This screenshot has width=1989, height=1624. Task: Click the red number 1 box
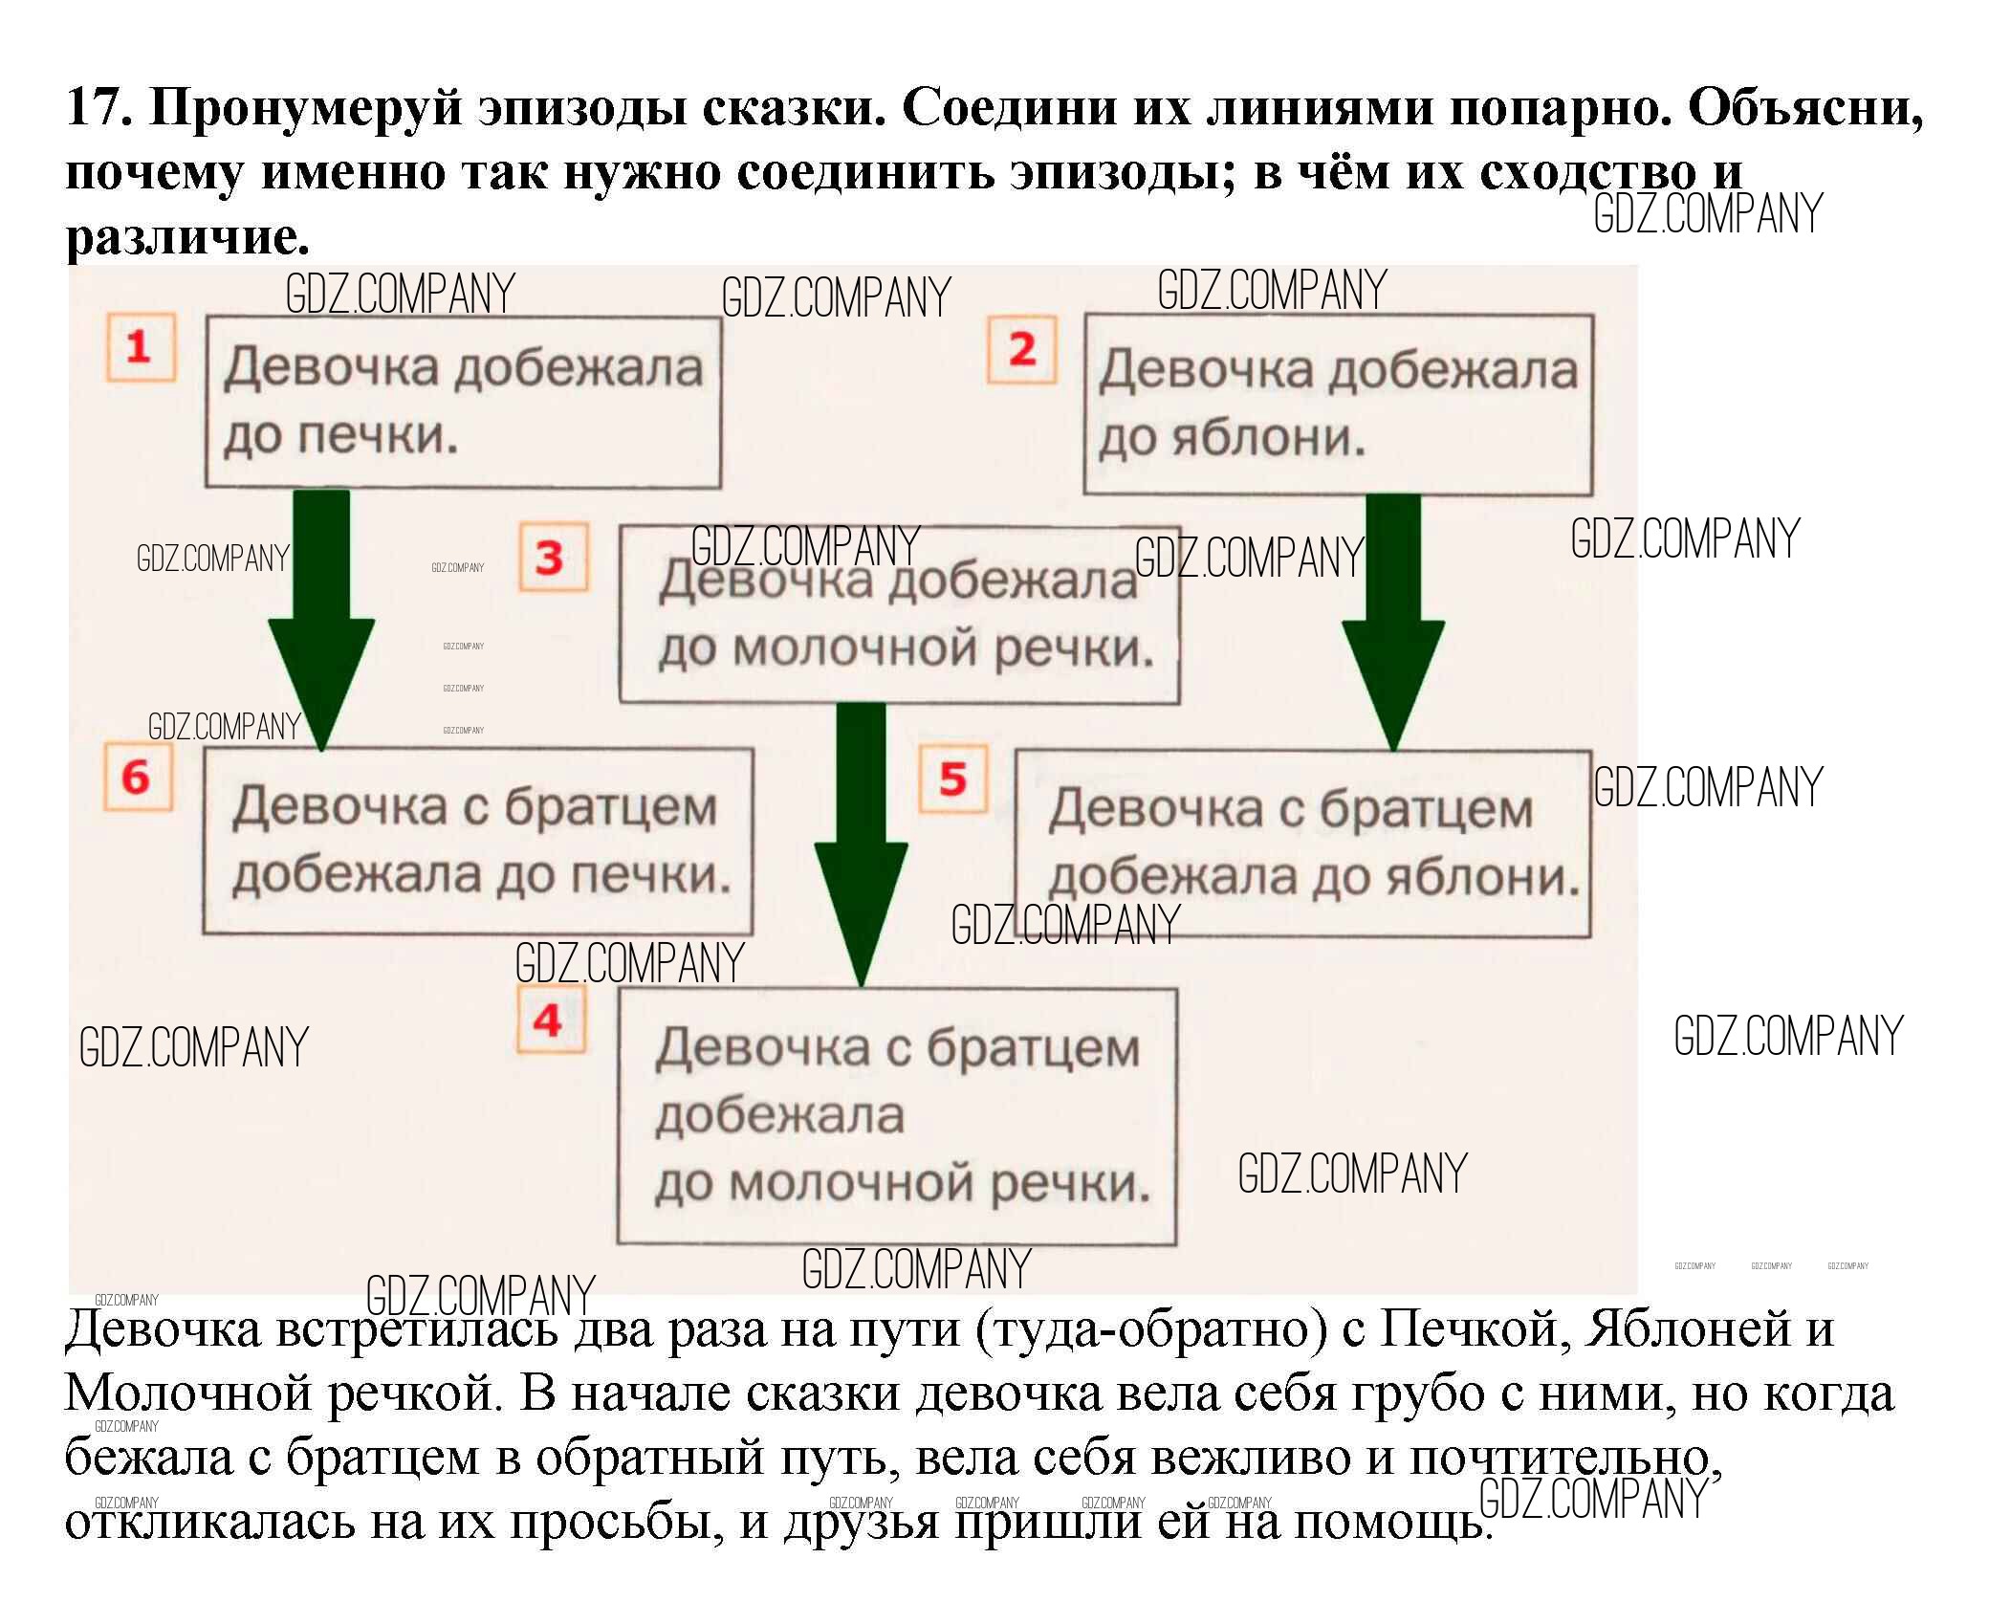(x=140, y=347)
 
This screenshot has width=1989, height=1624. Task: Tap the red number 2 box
(x=1021, y=350)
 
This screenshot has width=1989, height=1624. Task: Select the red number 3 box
(x=552, y=558)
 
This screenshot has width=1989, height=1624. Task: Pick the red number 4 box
(x=548, y=1020)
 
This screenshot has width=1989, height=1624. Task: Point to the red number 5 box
(x=952, y=779)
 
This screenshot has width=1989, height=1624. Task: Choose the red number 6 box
(x=137, y=777)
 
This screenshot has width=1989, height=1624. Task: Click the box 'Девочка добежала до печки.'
(x=463, y=403)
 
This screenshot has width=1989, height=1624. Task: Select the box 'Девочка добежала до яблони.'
(x=1338, y=405)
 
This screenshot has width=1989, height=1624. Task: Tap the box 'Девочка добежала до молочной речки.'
(x=899, y=615)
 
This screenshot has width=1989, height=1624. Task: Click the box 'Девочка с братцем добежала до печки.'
(x=477, y=841)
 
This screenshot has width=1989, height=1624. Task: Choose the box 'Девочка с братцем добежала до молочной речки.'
(x=897, y=1116)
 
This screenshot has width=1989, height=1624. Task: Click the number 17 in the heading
(x=98, y=108)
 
